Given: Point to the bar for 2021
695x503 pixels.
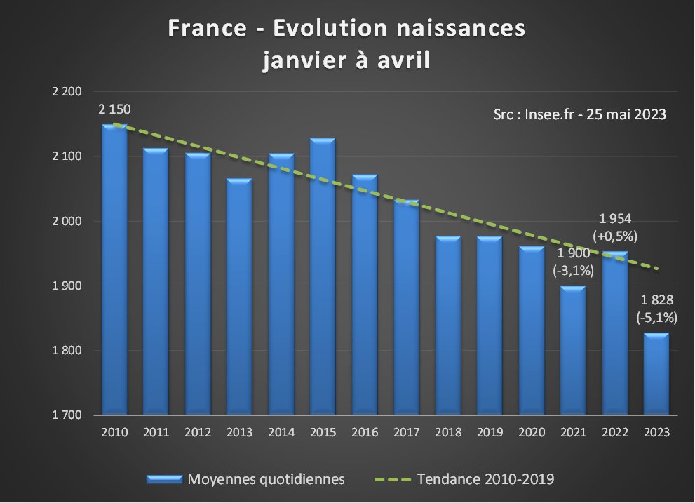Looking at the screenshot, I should pos(574,351).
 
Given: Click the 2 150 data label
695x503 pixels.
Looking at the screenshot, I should pos(114,109).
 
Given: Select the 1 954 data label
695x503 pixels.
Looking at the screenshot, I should pos(615,219).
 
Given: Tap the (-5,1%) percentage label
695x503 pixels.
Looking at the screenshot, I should pos(656,317).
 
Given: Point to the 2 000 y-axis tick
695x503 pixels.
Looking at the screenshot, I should pos(67,221).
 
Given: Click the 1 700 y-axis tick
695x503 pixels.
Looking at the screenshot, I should pos(67,415).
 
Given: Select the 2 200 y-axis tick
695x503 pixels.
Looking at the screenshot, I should pos(67,92).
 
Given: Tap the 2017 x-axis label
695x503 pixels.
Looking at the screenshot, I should pos(406,433).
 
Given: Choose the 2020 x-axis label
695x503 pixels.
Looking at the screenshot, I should pos(532,433).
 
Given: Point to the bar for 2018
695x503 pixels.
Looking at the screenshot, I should pos(448,326).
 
